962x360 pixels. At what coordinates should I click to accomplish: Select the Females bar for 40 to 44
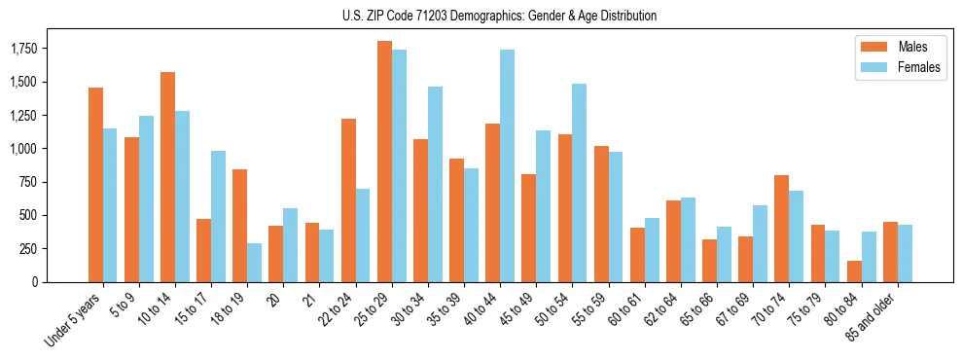click(x=507, y=165)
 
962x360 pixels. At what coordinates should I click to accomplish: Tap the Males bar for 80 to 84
click(x=853, y=271)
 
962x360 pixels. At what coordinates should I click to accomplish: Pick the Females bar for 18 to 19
click(x=254, y=263)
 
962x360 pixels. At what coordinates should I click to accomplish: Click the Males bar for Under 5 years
click(x=95, y=185)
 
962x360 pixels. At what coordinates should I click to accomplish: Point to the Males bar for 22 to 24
click(x=348, y=200)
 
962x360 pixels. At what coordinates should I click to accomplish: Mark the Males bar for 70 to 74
click(x=781, y=229)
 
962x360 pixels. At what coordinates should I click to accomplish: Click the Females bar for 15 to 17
click(x=218, y=216)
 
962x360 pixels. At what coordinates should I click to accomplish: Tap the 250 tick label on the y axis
click(x=27, y=249)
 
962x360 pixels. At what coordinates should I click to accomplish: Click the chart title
click(x=499, y=16)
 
